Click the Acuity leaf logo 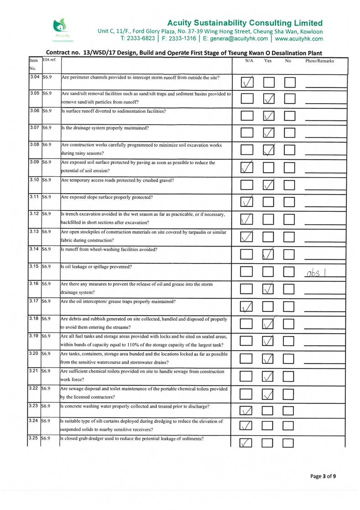click(x=60, y=26)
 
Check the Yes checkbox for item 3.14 click(x=270, y=254)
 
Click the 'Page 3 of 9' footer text click(x=323, y=476)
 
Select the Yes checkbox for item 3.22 click(x=270, y=393)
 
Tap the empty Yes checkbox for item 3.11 click(x=270, y=201)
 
